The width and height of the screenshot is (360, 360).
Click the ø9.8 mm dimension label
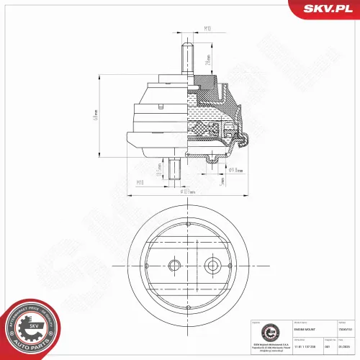(235, 171)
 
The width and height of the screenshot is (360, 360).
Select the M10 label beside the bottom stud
(141, 183)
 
